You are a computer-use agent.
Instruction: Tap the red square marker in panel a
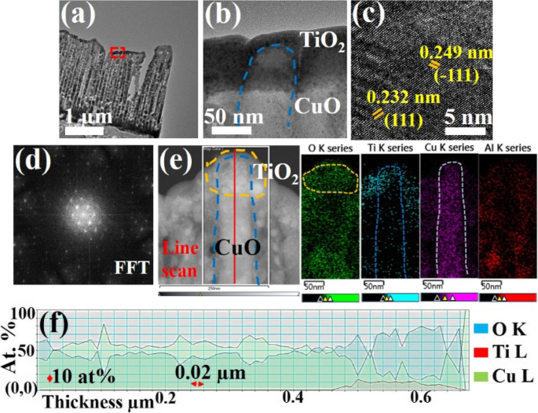click(x=118, y=53)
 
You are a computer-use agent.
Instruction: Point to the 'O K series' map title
click(x=328, y=147)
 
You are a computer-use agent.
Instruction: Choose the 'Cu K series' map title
click(x=448, y=147)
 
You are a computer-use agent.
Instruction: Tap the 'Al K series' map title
click(x=507, y=147)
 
